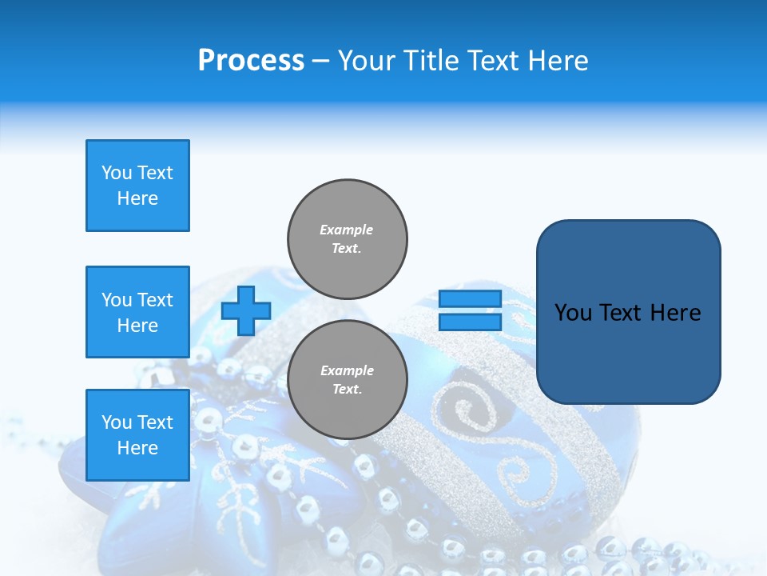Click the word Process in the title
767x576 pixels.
tap(251, 61)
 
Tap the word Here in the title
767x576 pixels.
tap(558, 61)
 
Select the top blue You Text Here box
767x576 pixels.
tap(137, 186)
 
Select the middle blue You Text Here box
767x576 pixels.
tap(137, 312)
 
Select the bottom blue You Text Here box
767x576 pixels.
tap(137, 435)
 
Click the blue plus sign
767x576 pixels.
tap(246, 310)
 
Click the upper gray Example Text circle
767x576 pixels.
tap(348, 238)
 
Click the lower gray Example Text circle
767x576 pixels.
tap(348, 379)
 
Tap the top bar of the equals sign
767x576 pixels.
tap(470, 298)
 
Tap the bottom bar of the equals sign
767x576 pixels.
tap(470, 322)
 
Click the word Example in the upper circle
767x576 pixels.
tap(347, 230)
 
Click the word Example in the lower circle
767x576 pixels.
tap(347, 370)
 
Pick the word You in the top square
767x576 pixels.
tap(117, 173)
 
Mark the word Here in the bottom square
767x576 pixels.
tap(137, 448)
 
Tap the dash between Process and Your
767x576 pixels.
tap(321, 61)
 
